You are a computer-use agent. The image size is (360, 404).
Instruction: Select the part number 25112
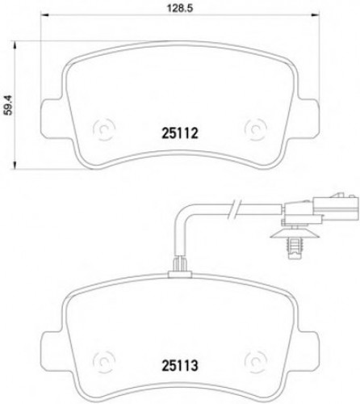(175, 128)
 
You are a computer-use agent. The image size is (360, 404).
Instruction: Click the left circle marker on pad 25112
(104, 128)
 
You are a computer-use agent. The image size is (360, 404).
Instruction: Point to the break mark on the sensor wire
(232, 209)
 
